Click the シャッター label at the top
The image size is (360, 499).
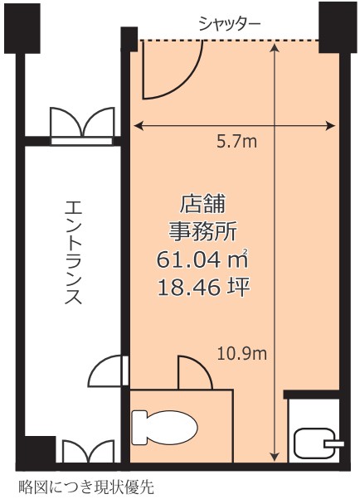tap(230, 23)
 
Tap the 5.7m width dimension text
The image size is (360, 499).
tap(236, 142)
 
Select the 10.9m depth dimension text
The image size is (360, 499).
tap(242, 354)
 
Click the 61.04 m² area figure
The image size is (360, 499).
tap(202, 259)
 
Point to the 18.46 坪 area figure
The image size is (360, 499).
tap(203, 288)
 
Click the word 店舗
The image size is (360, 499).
tap(202, 204)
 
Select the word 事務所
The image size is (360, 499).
tap(202, 232)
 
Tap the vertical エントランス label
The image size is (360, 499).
tap(73, 252)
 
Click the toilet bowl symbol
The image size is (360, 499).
tap(165, 428)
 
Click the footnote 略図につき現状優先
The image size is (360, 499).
tap(86, 487)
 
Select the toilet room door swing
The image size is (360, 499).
tap(195, 373)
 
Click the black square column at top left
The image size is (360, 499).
tap(22, 28)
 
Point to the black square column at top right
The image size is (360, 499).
tap(338, 27)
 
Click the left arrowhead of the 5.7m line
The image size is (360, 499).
tap(138, 126)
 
